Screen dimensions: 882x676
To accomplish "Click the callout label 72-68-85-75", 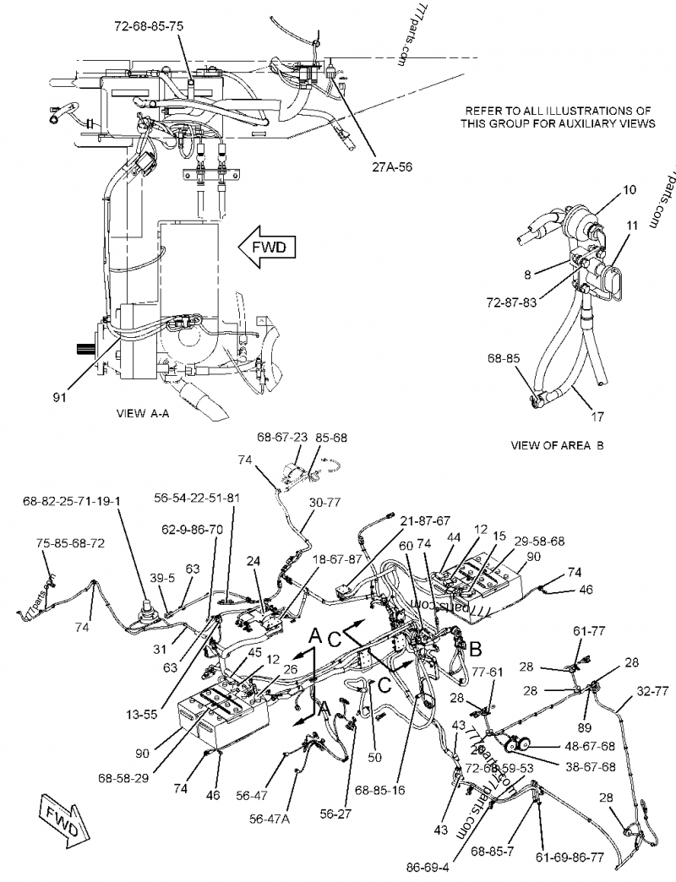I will pyautogui.click(x=148, y=26).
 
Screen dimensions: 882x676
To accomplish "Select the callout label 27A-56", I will pyautogui.click(x=391, y=167).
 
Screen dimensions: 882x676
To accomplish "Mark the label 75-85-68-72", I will pyautogui.click(x=70, y=542).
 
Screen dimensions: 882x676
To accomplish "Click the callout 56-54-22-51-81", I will pyautogui.click(x=197, y=498).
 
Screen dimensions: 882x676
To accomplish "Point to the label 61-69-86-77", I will pyautogui.click(x=568, y=856).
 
